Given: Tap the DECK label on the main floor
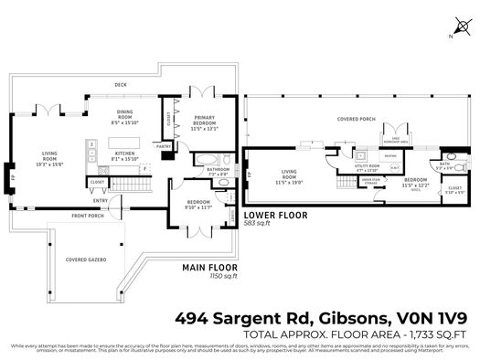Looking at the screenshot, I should [120, 84].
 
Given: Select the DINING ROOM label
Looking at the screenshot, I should [125, 115].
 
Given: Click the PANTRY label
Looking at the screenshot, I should [165, 145].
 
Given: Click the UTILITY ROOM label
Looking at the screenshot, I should [367, 168].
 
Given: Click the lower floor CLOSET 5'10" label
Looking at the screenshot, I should [453, 191].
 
